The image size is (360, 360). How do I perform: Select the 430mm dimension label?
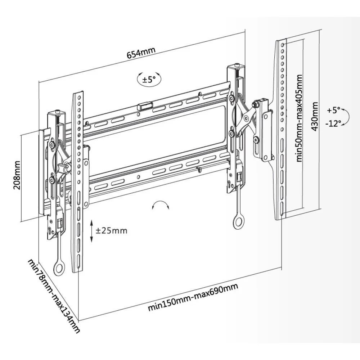pyautogui.click(x=315, y=117)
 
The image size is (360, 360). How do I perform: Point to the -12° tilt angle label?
pyautogui.click(x=333, y=123)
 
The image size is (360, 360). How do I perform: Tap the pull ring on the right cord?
pyautogui.click(x=238, y=223)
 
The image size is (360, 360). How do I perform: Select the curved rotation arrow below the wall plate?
pyautogui.click(x=161, y=205)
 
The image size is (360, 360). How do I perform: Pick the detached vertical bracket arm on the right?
pyautogui.click(x=280, y=130)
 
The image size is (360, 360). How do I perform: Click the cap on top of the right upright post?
pyautogui.click(x=236, y=66)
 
